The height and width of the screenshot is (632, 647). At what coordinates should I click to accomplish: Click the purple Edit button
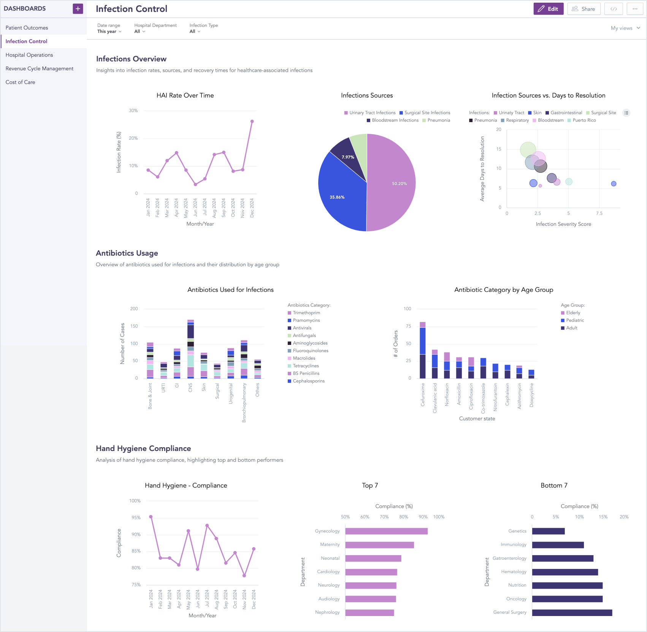click(548, 9)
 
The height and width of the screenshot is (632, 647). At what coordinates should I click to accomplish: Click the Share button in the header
click(584, 9)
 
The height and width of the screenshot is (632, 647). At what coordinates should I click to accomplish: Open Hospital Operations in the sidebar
click(29, 55)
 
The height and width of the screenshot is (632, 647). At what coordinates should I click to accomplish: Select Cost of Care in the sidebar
click(20, 82)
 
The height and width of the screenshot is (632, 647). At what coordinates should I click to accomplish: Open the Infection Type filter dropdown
click(195, 32)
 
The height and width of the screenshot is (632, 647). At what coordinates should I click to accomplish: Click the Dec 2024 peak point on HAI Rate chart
click(252, 122)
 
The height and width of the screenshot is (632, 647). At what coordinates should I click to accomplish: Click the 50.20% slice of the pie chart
click(392, 183)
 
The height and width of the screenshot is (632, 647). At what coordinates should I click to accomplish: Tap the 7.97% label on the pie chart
click(348, 157)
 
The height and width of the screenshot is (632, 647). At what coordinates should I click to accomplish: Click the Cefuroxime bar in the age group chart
click(422, 350)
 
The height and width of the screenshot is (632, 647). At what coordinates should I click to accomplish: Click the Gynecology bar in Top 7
click(386, 531)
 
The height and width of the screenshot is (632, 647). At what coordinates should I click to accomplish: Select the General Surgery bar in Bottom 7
click(572, 613)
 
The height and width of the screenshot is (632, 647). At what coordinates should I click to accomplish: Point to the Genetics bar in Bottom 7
click(548, 531)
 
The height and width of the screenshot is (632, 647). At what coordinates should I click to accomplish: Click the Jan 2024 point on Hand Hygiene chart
click(151, 517)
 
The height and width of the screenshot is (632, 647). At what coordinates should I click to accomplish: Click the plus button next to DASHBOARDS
click(78, 9)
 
